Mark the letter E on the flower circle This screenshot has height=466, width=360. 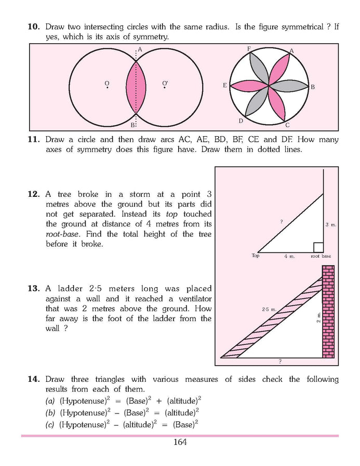(224, 86)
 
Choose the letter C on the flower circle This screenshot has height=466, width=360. (287, 125)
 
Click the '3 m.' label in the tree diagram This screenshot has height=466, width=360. (331, 224)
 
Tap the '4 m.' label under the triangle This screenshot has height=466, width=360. (289, 256)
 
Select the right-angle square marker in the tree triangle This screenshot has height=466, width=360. (318, 247)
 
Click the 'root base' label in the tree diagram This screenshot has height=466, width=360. (321, 256)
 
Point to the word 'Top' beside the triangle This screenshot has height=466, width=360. (255, 256)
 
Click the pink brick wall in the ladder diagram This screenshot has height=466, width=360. (328, 312)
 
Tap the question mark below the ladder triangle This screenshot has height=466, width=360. (280, 361)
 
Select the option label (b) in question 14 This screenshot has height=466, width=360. (50, 413)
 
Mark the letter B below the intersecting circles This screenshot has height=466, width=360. (132, 125)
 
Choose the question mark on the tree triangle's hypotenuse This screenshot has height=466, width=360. (281, 222)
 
